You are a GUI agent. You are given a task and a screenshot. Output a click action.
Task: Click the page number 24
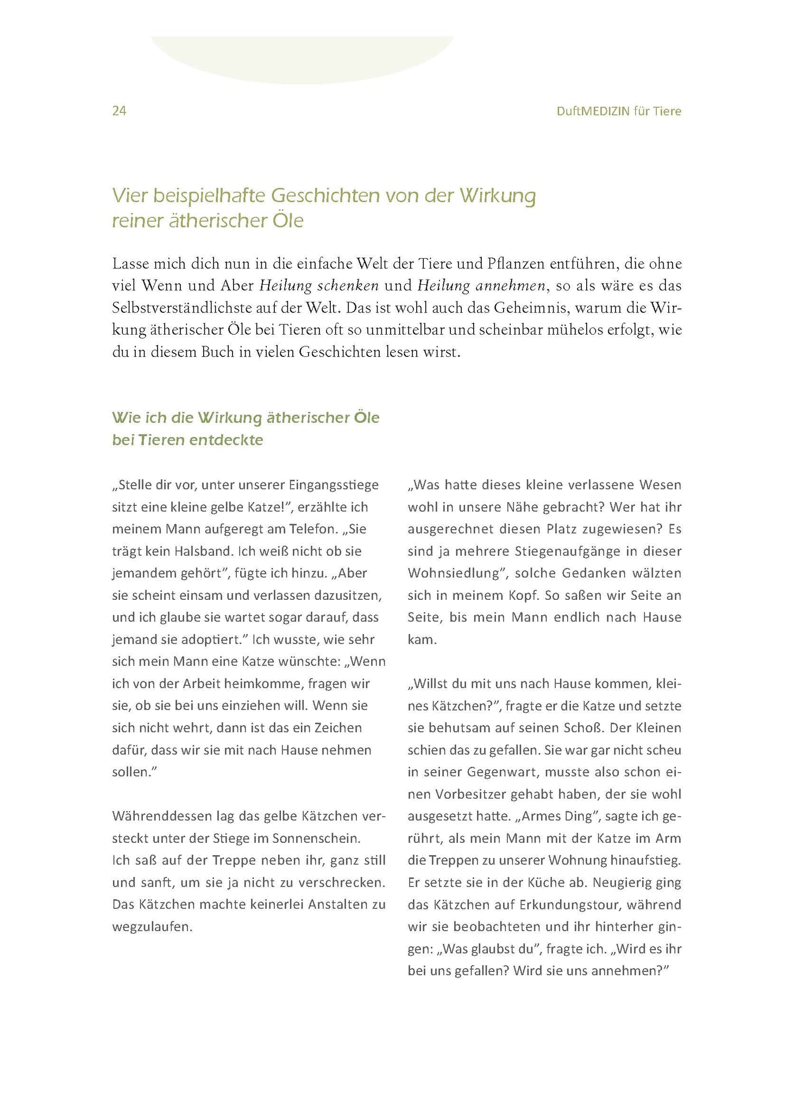click(x=119, y=111)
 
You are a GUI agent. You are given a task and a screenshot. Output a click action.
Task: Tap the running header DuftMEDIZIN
click(x=593, y=111)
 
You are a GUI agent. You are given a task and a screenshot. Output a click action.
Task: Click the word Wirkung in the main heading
click(x=498, y=196)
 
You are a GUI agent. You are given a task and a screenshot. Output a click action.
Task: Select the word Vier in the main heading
click(x=129, y=196)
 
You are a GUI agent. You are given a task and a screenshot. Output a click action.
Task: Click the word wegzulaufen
click(x=152, y=927)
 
